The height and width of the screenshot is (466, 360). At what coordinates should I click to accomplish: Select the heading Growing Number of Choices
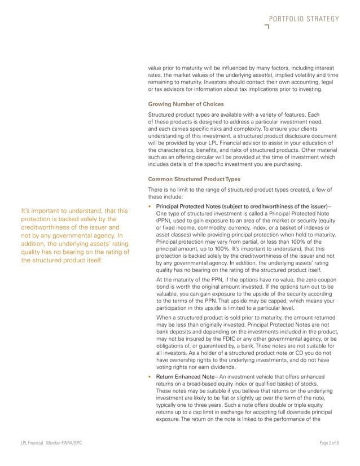pos(186,104)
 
